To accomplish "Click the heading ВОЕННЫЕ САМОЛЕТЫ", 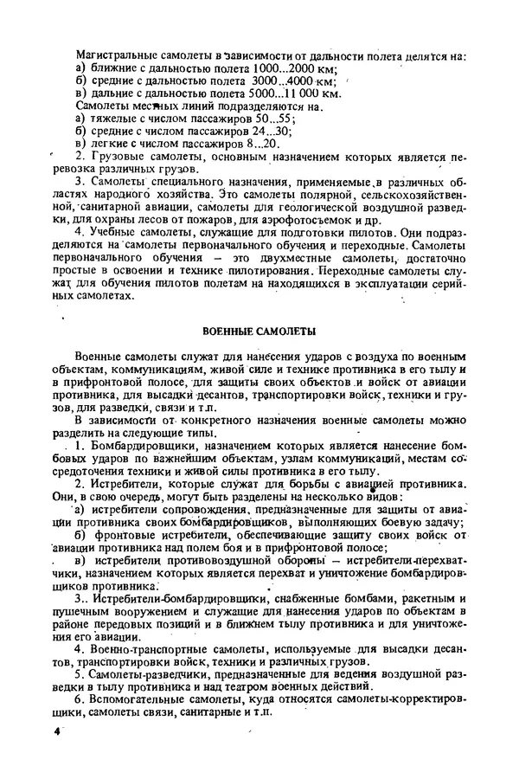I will click(x=259, y=332).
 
